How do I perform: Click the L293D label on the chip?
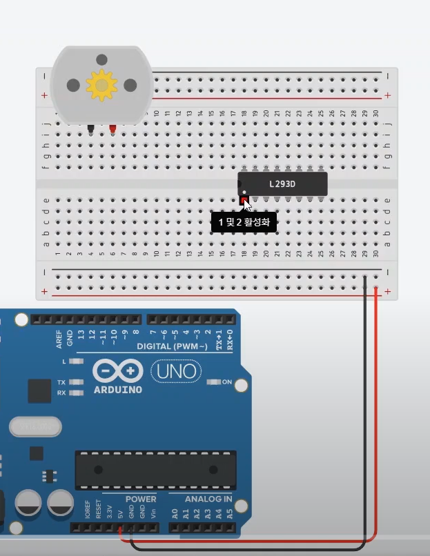(x=282, y=184)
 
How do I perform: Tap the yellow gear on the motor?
(x=101, y=85)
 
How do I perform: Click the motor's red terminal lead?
(x=113, y=128)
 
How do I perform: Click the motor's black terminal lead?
(x=90, y=128)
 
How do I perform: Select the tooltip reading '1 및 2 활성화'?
(x=244, y=222)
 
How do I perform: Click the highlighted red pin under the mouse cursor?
(x=244, y=201)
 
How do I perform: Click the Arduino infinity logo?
(x=117, y=372)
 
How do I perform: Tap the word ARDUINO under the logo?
(x=117, y=390)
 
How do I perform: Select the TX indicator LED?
(x=77, y=382)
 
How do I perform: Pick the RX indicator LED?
(x=77, y=393)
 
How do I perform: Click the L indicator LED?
(x=77, y=361)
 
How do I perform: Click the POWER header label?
(x=140, y=499)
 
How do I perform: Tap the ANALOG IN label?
(x=208, y=499)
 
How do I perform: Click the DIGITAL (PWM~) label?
(x=172, y=346)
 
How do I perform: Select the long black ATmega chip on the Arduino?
(x=155, y=470)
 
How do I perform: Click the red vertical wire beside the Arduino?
(x=377, y=414)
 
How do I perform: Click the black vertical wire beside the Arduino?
(x=365, y=414)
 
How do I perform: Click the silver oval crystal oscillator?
(x=35, y=427)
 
